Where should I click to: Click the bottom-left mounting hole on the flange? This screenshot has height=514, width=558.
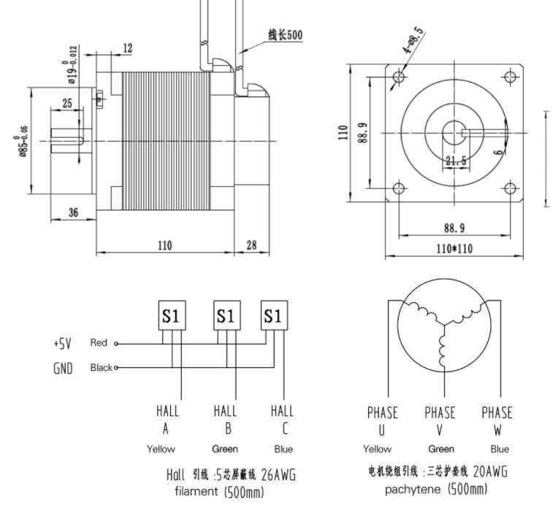coord(399,188)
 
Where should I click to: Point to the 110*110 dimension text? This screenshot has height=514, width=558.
coord(454,248)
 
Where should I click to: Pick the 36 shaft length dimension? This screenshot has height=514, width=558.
coord(73,212)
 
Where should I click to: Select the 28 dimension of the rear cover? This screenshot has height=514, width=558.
coord(251,245)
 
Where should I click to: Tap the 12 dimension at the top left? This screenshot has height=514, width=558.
coord(127,48)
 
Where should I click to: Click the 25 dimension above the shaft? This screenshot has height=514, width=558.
coord(67,104)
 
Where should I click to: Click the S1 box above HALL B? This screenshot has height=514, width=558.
coord(225,316)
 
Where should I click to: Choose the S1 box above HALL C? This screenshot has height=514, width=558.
coord(273,316)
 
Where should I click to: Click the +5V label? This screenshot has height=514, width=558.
coord(63,343)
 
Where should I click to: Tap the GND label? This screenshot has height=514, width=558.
coord(64,368)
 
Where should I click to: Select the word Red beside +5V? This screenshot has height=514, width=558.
coord(99,342)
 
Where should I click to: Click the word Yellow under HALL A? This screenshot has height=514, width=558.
coord(161,449)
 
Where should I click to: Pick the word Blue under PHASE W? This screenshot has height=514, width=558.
coord(500,449)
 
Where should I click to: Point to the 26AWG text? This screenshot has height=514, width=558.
coord(279,475)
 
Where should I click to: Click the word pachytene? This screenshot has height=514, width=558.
coord(413,488)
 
